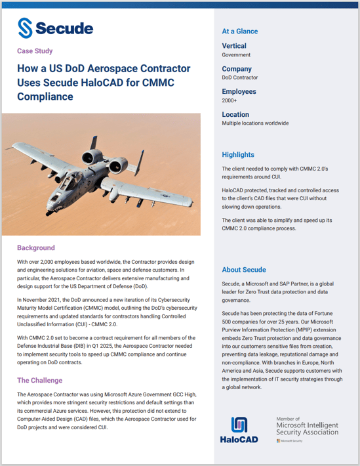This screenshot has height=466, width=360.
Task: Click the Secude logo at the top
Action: pyautogui.click(x=55, y=28)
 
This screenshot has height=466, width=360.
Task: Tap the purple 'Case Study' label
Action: pyautogui.click(x=35, y=51)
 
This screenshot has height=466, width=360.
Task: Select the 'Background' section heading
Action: pyautogui.click(x=36, y=248)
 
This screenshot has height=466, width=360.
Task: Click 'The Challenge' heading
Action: pyautogui.click(x=39, y=380)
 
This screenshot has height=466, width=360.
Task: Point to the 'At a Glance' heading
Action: pyautogui.click(x=240, y=31)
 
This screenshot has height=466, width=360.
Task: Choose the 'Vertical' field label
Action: pyautogui.click(x=234, y=46)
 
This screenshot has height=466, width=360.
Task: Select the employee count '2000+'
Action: pyautogui.click(x=230, y=101)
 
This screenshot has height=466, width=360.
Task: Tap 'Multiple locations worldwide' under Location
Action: pyautogui.click(x=255, y=123)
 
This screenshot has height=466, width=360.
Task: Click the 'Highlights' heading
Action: pyautogui.click(x=238, y=155)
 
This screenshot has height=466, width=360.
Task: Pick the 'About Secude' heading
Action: pyautogui.click(x=244, y=270)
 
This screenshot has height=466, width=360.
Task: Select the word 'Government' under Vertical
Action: pyautogui.click(x=237, y=55)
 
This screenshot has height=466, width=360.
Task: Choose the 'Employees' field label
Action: pyautogui.click(x=239, y=92)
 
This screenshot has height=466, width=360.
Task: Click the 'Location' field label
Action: pyautogui.click(x=236, y=114)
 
